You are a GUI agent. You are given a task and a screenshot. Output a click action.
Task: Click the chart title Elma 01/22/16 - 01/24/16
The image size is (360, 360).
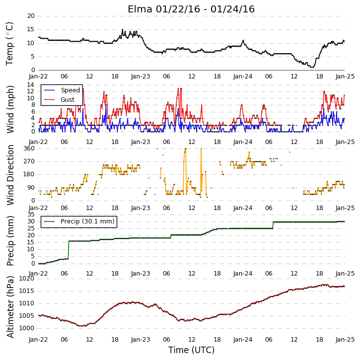pyautogui.click(x=191, y=9)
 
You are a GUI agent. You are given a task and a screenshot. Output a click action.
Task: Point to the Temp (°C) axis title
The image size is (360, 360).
pyautogui.click(x=9, y=44)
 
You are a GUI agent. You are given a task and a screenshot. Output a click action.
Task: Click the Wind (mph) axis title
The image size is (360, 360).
pyautogui.click(x=10, y=109)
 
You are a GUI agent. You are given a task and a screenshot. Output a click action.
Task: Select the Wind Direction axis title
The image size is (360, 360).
pyautogui.click(x=10, y=175)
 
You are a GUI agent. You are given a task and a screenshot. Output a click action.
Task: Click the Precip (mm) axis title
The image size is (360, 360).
pyautogui.click(x=10, y=241)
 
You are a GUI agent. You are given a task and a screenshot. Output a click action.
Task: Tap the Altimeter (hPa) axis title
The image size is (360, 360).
pyautogui.click(x=10, y=307)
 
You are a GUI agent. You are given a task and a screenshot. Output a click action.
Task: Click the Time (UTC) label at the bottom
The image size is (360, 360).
pyautogui.click(x=191, y=350)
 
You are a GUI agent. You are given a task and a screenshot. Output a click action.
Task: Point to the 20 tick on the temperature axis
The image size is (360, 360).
pyautogui.click(x=31, y=16)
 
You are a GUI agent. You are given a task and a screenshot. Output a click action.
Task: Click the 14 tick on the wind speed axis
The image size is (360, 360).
pyautogui.click(x=31, y=85)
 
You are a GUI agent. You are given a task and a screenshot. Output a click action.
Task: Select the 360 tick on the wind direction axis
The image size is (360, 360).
pyautogui.click(x=29, y=148)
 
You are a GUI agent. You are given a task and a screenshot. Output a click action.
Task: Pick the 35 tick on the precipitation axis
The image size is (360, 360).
pyautogui.click(x=31, y=215)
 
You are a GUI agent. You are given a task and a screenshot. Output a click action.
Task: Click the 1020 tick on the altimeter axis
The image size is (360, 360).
pyautogui.click(x=27, y=279)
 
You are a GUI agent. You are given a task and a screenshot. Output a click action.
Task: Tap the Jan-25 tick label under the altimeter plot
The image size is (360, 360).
pyautogui.click(x=345, y=339)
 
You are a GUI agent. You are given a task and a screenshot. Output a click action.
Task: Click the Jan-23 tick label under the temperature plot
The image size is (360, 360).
pyautogui.click(x=141, y=76)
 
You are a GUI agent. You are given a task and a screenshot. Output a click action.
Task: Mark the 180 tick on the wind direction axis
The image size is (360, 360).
pyautogui.click(x=29, y=174)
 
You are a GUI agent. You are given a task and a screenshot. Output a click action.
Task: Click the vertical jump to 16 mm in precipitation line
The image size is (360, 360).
pyautogui.click(x=69, y=250)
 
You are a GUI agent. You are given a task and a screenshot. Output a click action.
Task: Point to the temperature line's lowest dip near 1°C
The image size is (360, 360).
pyautogui.click(x=312, y=67)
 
